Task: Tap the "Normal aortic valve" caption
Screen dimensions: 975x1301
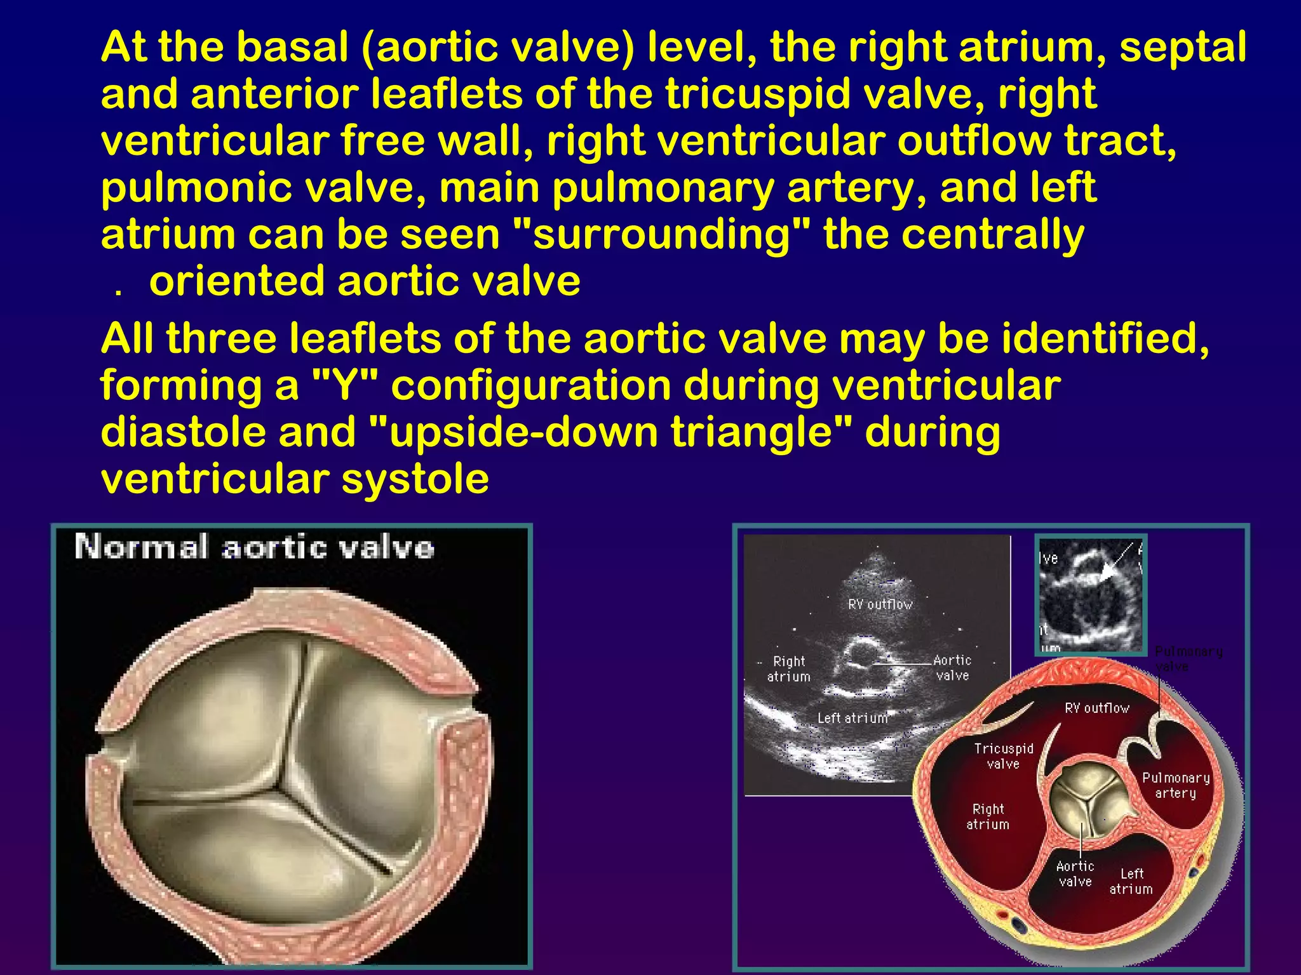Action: pos(254,547)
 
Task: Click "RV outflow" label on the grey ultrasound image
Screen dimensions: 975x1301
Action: pos(880,604)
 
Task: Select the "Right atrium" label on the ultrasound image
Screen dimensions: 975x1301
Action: pos(788,669)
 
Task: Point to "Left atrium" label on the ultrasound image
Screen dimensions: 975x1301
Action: pos(853,718)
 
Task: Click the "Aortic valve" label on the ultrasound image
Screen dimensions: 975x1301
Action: pos(952,668)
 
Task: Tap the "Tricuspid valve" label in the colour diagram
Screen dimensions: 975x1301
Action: pos(1004,756)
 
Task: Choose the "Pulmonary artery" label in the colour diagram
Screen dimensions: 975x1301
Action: pos(1176,785)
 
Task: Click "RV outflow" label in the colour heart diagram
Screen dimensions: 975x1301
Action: pos(1097,708)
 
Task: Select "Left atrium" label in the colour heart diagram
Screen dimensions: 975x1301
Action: pos(1131,881)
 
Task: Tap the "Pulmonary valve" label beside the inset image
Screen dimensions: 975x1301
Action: pos(1188,659)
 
